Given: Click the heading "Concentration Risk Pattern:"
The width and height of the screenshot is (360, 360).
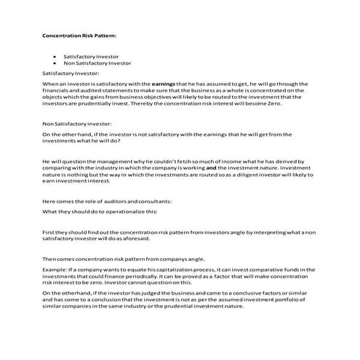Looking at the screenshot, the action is click(x=79, y=35).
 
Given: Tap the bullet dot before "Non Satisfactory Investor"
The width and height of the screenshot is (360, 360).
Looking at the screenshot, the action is click(x=55, y=63).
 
